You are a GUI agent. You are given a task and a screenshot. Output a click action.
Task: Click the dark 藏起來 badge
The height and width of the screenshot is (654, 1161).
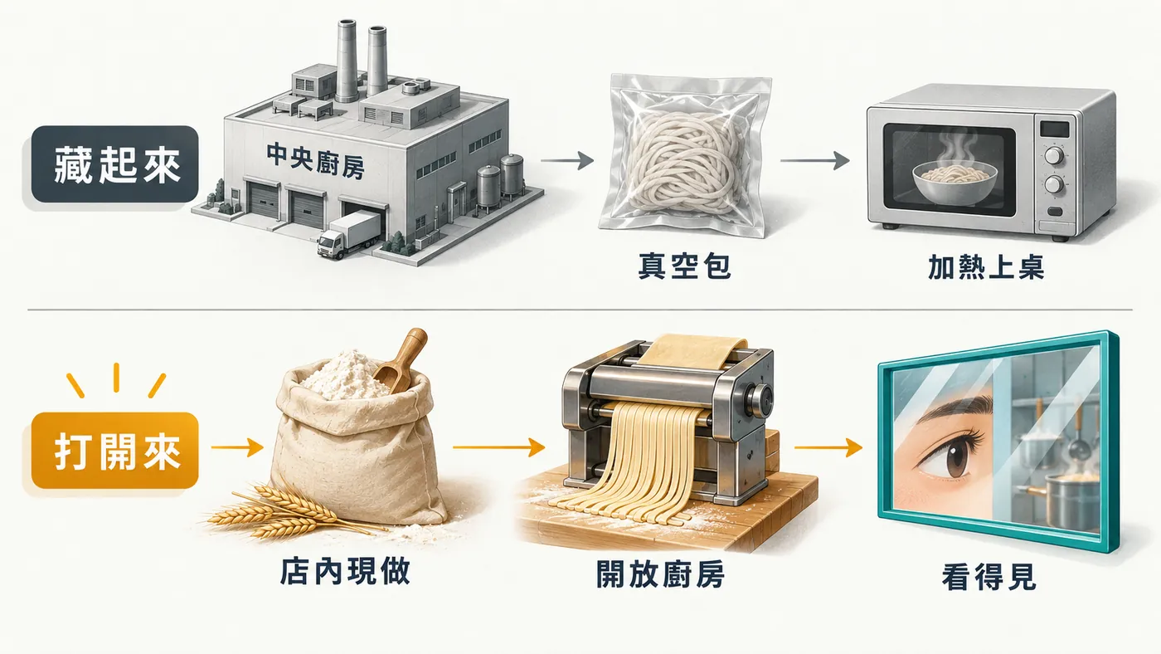(114, 163)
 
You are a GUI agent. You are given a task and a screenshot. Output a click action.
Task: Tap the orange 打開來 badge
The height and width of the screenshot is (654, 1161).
(114, 451)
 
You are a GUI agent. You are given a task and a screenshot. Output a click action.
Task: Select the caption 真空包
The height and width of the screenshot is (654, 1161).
(684, 266)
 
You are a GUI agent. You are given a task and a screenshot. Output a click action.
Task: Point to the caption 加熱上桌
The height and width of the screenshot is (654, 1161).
(986, 267)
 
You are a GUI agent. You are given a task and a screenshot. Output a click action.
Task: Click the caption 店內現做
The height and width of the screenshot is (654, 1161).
(345, 572)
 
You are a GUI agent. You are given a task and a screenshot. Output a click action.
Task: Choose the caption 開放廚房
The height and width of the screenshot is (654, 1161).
(660, 574)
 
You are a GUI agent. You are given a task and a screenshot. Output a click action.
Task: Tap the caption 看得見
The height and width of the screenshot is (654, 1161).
(989, 577)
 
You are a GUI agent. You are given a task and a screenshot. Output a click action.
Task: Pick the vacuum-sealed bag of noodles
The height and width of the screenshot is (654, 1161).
(685, 155)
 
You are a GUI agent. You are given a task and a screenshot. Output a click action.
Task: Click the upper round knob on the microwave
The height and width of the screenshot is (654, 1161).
(1054, 155)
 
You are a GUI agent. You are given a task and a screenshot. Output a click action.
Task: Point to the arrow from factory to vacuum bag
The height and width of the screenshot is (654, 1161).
(567, 161)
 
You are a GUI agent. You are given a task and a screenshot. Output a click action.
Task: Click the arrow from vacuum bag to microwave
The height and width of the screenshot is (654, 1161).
(814, 161)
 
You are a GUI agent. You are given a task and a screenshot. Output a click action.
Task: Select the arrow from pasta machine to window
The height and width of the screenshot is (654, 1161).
(828, 447)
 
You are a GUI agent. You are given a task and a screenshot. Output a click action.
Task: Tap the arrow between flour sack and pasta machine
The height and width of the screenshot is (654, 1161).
(499, 447)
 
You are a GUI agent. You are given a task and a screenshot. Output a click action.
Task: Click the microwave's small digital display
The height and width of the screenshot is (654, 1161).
(1054, 129)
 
